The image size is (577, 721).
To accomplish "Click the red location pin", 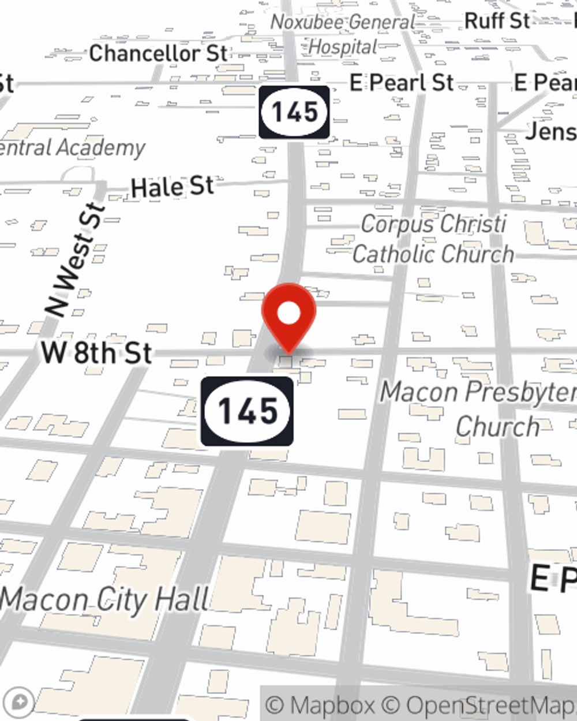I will (288, 315).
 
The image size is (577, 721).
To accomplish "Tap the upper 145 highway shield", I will (294, 112).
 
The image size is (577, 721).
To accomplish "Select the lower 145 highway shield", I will (247, 411).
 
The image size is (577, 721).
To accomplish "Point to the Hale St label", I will (172, 187).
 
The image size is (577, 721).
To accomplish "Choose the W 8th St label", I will (96, 352).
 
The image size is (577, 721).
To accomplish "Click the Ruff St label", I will (497, 21).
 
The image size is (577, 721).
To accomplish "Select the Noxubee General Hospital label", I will (343, 34).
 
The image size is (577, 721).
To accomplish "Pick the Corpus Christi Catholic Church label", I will (433, 239).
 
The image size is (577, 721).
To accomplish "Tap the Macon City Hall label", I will (104, 600).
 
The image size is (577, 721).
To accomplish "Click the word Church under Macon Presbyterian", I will (497, 427).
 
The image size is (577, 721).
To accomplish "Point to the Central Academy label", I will (72, 148).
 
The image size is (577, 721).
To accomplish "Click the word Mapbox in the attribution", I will (332, 705).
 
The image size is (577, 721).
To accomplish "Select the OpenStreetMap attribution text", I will (490, 705).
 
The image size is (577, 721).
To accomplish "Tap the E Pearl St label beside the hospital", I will (402, 82).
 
